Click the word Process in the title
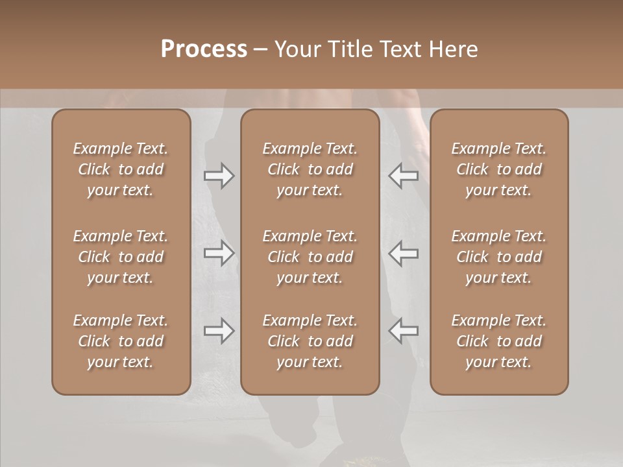coord(204,49)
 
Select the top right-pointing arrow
coord(219,176)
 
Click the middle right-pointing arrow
coord(219,253)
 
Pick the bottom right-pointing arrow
coord(219,331)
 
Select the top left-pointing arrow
coord(403,176)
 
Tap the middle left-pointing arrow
coord(403,253)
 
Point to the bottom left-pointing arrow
coord(403,331)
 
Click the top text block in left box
coord(121,169)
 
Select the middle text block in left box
coord(121,257)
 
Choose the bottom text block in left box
coord(121,341)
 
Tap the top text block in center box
coord(310,169)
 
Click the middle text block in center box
coord(310,257)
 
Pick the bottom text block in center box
coord(310,341)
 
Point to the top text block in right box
coord(499,169)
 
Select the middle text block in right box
coord(499,257)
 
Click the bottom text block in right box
coord(499,341)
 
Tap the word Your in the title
coord(295,49)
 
